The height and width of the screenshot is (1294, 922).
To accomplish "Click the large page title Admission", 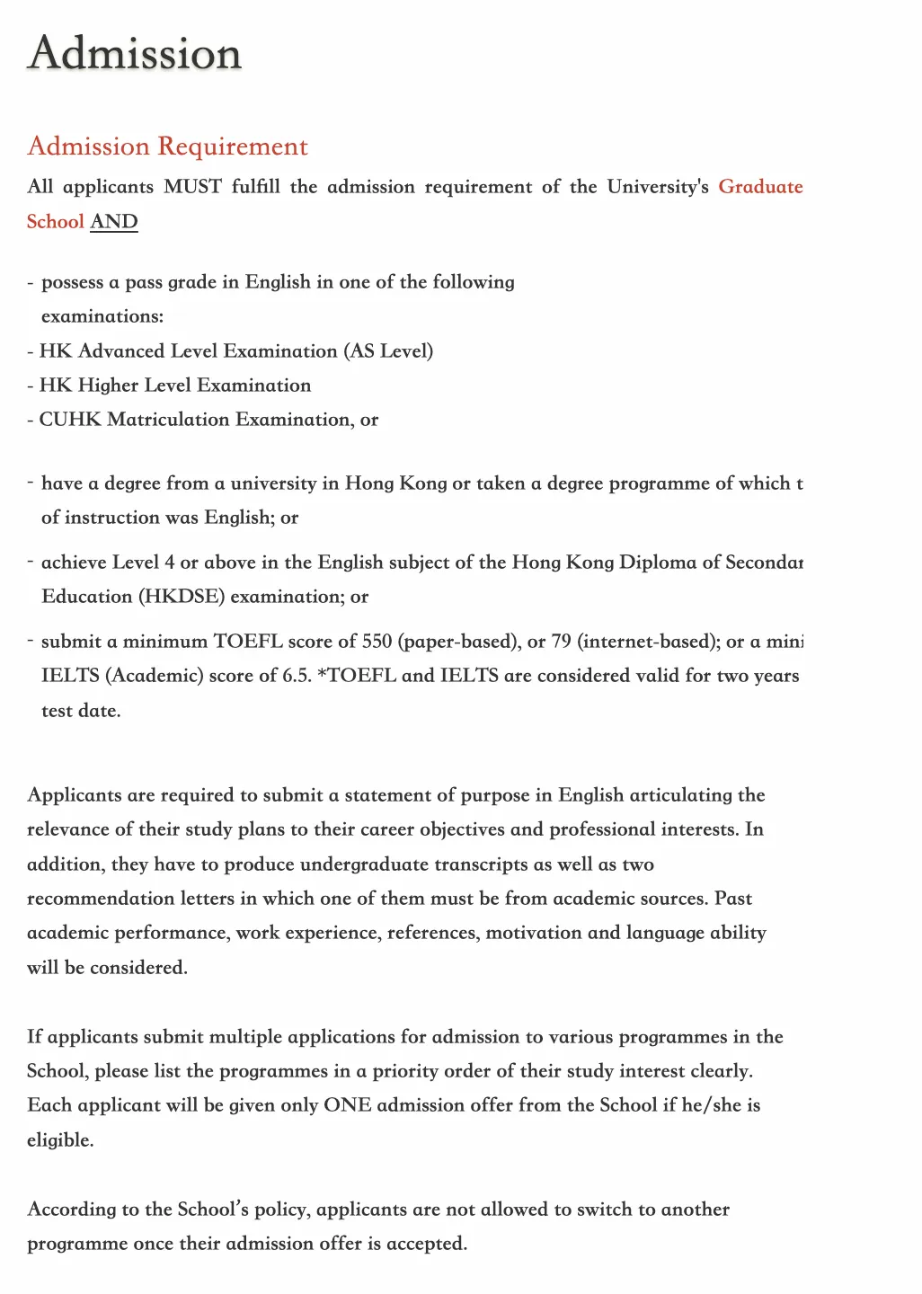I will click(135, 54).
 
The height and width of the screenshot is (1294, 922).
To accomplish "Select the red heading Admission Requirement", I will click(167, 146).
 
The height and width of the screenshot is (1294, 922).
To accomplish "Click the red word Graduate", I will click(760, 187).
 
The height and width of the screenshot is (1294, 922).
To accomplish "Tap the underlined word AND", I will click(114, 222).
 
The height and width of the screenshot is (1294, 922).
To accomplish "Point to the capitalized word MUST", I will click(192, 187).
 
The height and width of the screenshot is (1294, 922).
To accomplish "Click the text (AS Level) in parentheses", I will click(388, 351).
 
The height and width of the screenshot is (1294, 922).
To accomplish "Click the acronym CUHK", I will click(70, 420).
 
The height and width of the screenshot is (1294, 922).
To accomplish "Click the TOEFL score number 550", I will click(377, 642).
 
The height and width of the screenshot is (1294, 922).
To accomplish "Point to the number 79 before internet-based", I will click(561, 642).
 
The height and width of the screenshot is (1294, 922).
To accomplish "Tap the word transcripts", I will click(481, 864).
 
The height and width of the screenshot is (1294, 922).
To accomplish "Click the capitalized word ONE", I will click(347, 1105).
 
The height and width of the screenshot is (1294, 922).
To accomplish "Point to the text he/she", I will click(711, 1105).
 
